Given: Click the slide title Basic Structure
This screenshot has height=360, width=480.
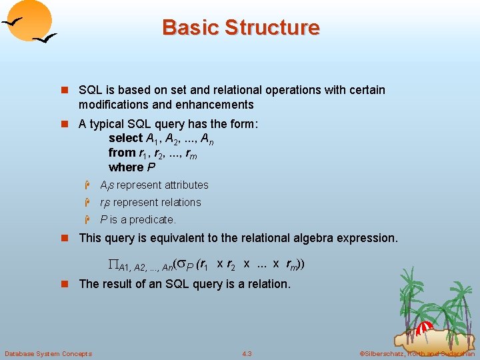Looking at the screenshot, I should click(x=241, y=27).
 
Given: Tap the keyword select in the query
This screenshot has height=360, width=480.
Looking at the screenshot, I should click(x=126, y=138).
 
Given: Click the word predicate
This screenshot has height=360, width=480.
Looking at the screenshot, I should click(x=153, y=220).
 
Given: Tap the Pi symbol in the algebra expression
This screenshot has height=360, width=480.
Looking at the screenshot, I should click(x=113, y=265).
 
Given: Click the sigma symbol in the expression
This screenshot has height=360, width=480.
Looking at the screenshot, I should click(x=181, y=264).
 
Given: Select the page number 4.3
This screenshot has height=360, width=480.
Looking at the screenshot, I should click(x=247, y=353).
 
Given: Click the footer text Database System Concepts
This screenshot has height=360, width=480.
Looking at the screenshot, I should click(x=48, y=353).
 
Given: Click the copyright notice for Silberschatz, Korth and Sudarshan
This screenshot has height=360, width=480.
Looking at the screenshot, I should click(x=417, y=353).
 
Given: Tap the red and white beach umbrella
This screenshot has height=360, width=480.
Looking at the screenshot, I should click(x=425, y=326).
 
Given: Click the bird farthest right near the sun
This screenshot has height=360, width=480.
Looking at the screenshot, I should click(x=45, y=40).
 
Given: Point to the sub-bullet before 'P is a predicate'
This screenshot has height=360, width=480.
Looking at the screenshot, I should click(x=87, y=220).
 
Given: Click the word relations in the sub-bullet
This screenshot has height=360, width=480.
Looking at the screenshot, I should click(x=179, y=203).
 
